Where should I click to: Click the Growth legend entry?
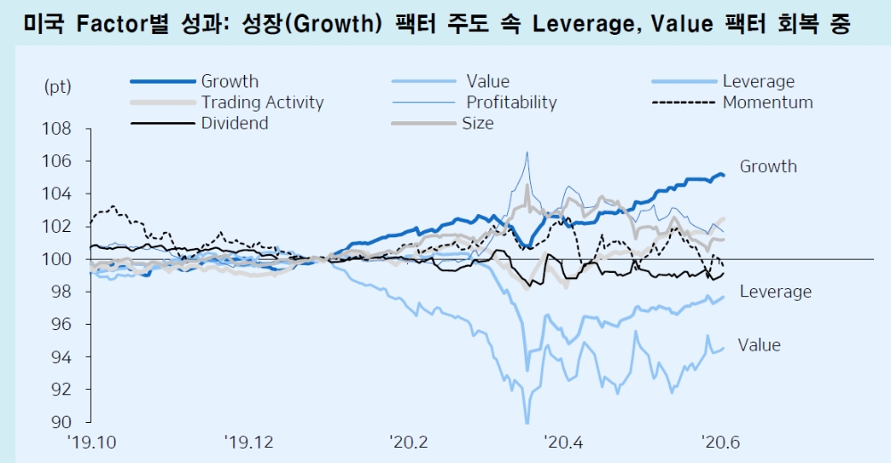pos(230,82)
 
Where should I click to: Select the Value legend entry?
pos(487,82)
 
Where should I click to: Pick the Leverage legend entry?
pos(758,82)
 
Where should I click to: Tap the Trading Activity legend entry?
pos(262,103)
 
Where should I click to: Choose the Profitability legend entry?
pos(511,103)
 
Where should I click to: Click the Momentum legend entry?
pos(767,103)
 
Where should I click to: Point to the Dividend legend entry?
pos(234,123)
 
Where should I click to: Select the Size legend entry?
pos(478,123)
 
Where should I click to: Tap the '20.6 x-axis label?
pos(721,441)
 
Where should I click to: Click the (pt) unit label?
pos(57,87)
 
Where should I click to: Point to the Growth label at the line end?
pos(768,167)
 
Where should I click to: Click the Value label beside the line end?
pos(759,345)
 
